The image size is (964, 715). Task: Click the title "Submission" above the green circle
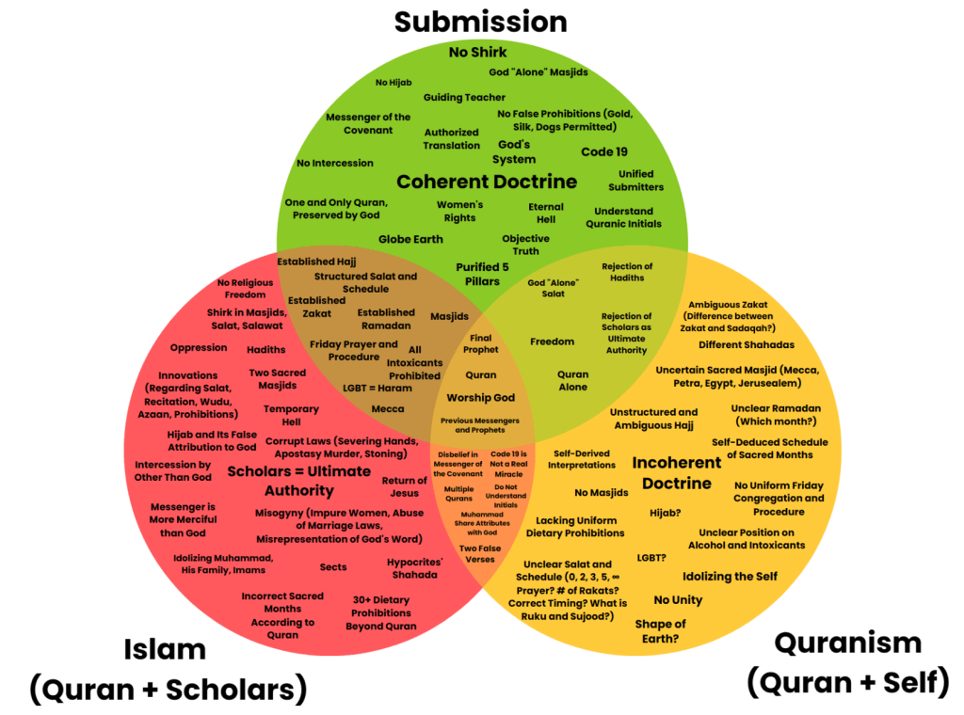[x=480, y=21]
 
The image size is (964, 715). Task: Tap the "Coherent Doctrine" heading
[x=486, y=182]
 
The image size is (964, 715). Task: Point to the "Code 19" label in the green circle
[x=603, y=151]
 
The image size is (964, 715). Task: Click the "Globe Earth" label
[x=410, y=239]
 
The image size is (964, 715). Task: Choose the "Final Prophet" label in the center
[x=480, y=344]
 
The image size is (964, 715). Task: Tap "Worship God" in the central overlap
[x=480, y=398]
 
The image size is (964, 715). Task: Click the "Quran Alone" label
[x=572, y=380]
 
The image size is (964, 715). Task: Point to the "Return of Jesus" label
[x=404, y=486]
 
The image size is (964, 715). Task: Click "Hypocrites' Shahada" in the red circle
[x=412, y=568]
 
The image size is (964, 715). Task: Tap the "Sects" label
[x=332, y=567]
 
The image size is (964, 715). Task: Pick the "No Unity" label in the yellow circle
[x=678, y=600]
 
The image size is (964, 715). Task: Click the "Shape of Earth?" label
[x=660, y=631]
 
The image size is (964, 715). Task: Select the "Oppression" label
[x=199, y=347]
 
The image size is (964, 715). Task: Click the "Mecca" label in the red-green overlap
[x=388, y=409]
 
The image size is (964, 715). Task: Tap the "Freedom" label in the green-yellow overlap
[x=552, y=342]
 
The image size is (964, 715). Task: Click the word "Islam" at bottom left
[x=165, y=649]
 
